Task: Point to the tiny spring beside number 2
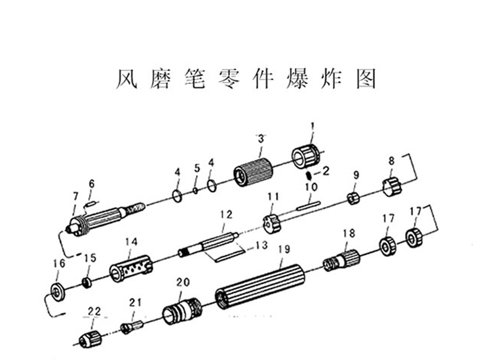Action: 308,176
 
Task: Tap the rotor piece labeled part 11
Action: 271,222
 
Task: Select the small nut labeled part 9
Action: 353,197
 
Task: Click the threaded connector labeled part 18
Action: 341,261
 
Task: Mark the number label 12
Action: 226,214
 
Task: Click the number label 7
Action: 75,196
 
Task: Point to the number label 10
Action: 311,188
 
